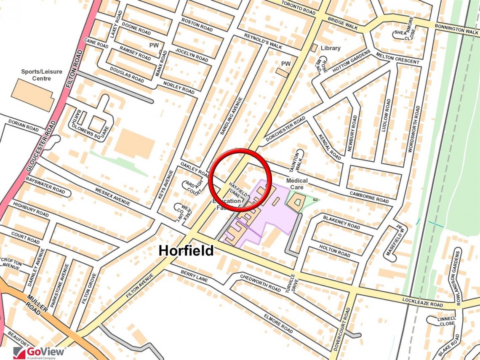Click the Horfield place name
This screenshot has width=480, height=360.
186,251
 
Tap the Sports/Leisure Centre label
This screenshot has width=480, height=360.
41,75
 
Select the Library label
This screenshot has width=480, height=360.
331,48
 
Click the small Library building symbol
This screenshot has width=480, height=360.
314,48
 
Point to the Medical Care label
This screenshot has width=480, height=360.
297,184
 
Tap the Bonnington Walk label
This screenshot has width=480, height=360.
456,30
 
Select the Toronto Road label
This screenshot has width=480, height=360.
298,8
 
